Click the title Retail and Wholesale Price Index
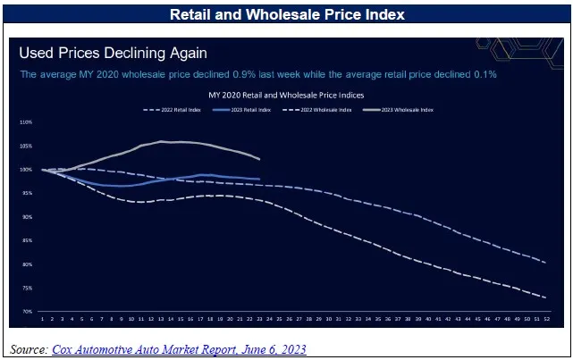point(286,15)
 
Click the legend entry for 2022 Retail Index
point(174,110)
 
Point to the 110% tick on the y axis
point(25,122)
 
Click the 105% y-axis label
point(25,146)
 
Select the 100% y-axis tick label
point(25,170)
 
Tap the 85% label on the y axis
point(26,240)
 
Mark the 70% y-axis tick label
point(26,312)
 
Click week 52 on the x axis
point(544,318)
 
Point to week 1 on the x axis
point(42,318)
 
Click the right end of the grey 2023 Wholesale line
point(259,159)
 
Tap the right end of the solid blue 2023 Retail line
point(259,180)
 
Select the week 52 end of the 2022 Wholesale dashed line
point(544,297)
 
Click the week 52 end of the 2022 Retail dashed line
point(544,263)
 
